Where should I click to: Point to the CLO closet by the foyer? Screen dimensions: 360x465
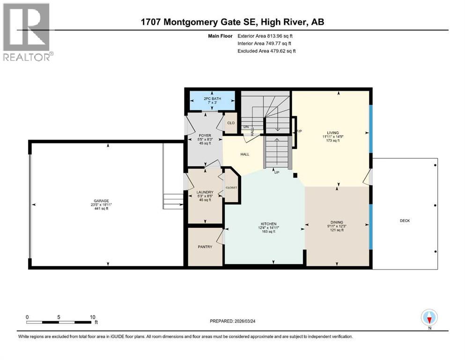pos(231,123)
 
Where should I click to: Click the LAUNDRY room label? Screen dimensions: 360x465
pos(205,192)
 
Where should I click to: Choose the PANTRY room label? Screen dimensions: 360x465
pos(205,247)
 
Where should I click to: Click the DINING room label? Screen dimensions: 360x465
pos(337,222)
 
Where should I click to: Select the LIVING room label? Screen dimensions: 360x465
pos(333,133)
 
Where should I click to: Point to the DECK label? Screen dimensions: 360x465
pos(405,220)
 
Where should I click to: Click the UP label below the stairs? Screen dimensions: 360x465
pos(277,172)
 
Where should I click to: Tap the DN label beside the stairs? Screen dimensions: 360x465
pos(245,127)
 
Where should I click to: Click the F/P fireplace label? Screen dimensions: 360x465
pos(298,131)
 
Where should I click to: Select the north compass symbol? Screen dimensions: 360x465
pos(429,318)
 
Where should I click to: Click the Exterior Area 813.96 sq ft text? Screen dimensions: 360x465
pos(266,36)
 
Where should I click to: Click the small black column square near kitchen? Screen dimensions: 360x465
pos(295,176)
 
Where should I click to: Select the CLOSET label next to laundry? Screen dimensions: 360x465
pos(231,187)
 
